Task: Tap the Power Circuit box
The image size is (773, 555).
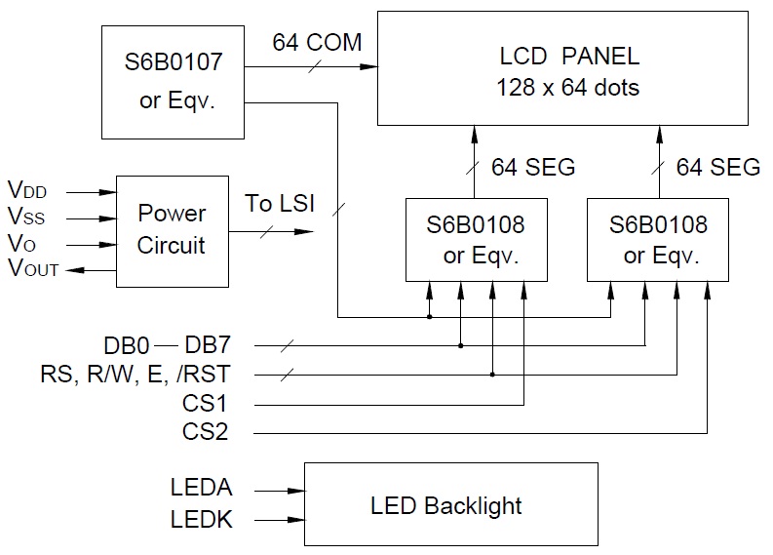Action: point(172,229)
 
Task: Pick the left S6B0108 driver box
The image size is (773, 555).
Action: point(475,241)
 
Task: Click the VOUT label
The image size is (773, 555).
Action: point(32,268)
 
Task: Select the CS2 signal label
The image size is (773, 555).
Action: point(205,430)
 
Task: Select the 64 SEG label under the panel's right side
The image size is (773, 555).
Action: point(718,167)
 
